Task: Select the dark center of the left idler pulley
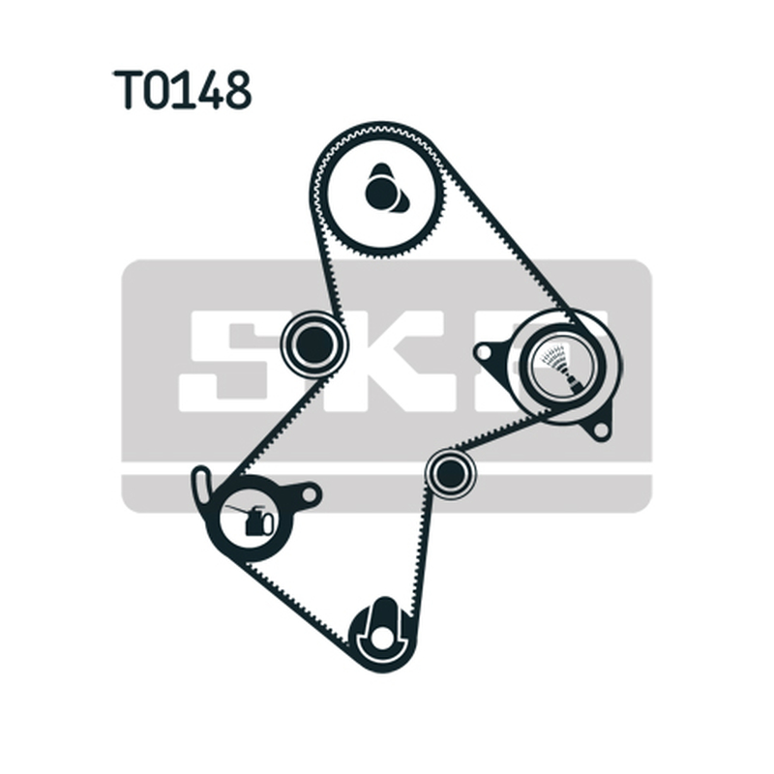313,345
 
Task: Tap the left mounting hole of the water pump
484,352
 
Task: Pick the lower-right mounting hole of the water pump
600,430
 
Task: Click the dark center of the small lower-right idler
451,472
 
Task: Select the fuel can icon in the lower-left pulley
251,519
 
